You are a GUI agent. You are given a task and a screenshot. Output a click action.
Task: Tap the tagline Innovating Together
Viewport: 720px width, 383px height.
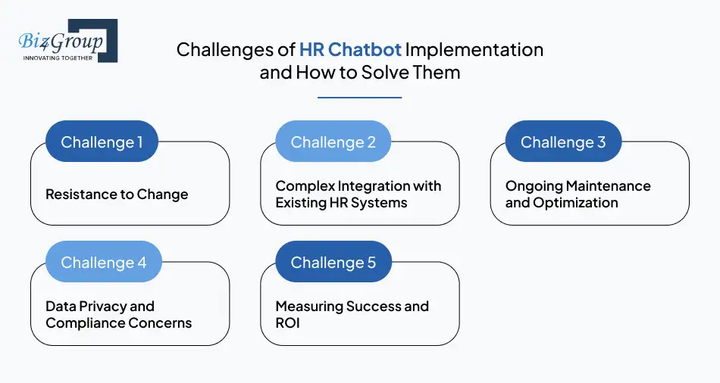58,58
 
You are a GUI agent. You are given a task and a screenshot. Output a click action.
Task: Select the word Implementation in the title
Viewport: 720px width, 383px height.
474,50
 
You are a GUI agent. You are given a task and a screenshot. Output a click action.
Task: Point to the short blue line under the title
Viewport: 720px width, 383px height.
359,97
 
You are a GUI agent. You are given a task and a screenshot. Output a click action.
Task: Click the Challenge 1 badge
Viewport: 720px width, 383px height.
102,142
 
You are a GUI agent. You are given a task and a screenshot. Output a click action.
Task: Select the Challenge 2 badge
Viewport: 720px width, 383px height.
333,142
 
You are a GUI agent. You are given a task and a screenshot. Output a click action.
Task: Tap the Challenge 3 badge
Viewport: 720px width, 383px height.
563,142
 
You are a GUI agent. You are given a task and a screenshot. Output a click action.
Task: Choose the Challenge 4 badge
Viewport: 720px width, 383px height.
103,262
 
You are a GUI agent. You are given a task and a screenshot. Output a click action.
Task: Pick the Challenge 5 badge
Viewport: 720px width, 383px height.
333,262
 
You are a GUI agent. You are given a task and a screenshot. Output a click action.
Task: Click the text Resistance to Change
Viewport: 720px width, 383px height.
117,195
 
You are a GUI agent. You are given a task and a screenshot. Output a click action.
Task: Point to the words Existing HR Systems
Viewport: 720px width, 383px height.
341,203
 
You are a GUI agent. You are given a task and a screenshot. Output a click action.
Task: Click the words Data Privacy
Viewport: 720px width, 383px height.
99,307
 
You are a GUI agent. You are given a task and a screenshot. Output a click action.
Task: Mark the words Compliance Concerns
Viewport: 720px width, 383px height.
118,323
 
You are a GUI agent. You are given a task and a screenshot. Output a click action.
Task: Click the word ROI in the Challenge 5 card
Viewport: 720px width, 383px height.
288,323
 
